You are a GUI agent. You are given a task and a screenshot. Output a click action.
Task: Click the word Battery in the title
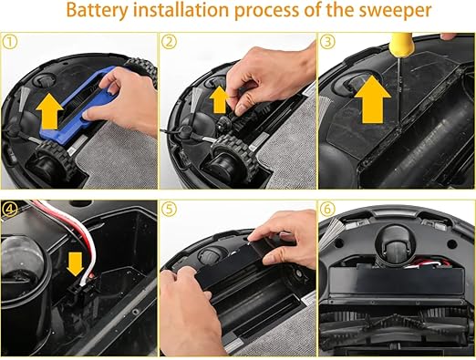[98, 10]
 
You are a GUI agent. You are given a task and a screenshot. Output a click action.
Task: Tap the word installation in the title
[181, 9]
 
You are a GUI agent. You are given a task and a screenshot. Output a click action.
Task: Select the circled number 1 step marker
[10, 42]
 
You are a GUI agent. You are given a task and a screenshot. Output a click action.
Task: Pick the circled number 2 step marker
[169, 42]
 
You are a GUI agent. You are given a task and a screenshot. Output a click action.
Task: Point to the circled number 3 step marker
[327, 41]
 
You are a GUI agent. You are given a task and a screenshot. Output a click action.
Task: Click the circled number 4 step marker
[10, 209]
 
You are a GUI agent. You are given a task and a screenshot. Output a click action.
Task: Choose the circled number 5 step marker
[169, 209]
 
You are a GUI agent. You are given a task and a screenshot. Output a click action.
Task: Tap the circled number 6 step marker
[327, 209]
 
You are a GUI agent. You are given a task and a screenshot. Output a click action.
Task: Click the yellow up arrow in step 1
[49, 111]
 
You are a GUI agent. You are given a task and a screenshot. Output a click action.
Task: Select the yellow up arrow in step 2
[219, 99]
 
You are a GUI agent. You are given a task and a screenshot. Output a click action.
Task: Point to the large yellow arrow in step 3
[372, 99]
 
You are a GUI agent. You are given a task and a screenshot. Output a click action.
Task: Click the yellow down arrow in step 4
[75, 264]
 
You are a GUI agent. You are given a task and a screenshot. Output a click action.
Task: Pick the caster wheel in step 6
[394, 243]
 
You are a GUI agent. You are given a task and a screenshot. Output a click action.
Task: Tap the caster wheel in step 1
[47, 81]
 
